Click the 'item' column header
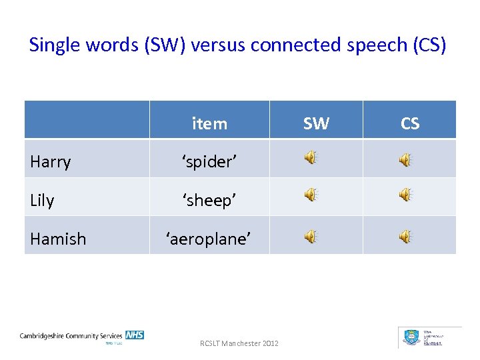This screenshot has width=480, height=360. (209, 123)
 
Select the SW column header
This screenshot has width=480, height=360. (316, 123)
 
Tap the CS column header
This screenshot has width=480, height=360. (410, 123)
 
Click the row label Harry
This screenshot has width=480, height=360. (51, 162)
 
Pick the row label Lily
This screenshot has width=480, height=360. (42, 200)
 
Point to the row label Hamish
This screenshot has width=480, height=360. (58, 238)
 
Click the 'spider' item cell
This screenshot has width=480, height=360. (209, 162)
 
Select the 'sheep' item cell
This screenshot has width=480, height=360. (209, 200)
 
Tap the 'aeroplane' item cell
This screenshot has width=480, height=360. (209, 238)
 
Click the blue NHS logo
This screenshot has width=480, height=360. (135, 335)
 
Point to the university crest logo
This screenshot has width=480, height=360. (411, 337)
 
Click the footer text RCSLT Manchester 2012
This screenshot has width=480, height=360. (239, 343)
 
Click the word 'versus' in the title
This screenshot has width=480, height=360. (211, 45)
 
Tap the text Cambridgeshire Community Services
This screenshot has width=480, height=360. (71, 336)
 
